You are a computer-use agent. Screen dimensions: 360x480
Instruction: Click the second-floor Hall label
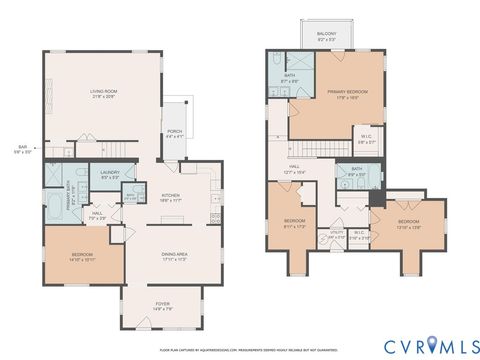point(295,170)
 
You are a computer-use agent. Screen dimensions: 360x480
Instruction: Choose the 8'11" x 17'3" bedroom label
point(293,223)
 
